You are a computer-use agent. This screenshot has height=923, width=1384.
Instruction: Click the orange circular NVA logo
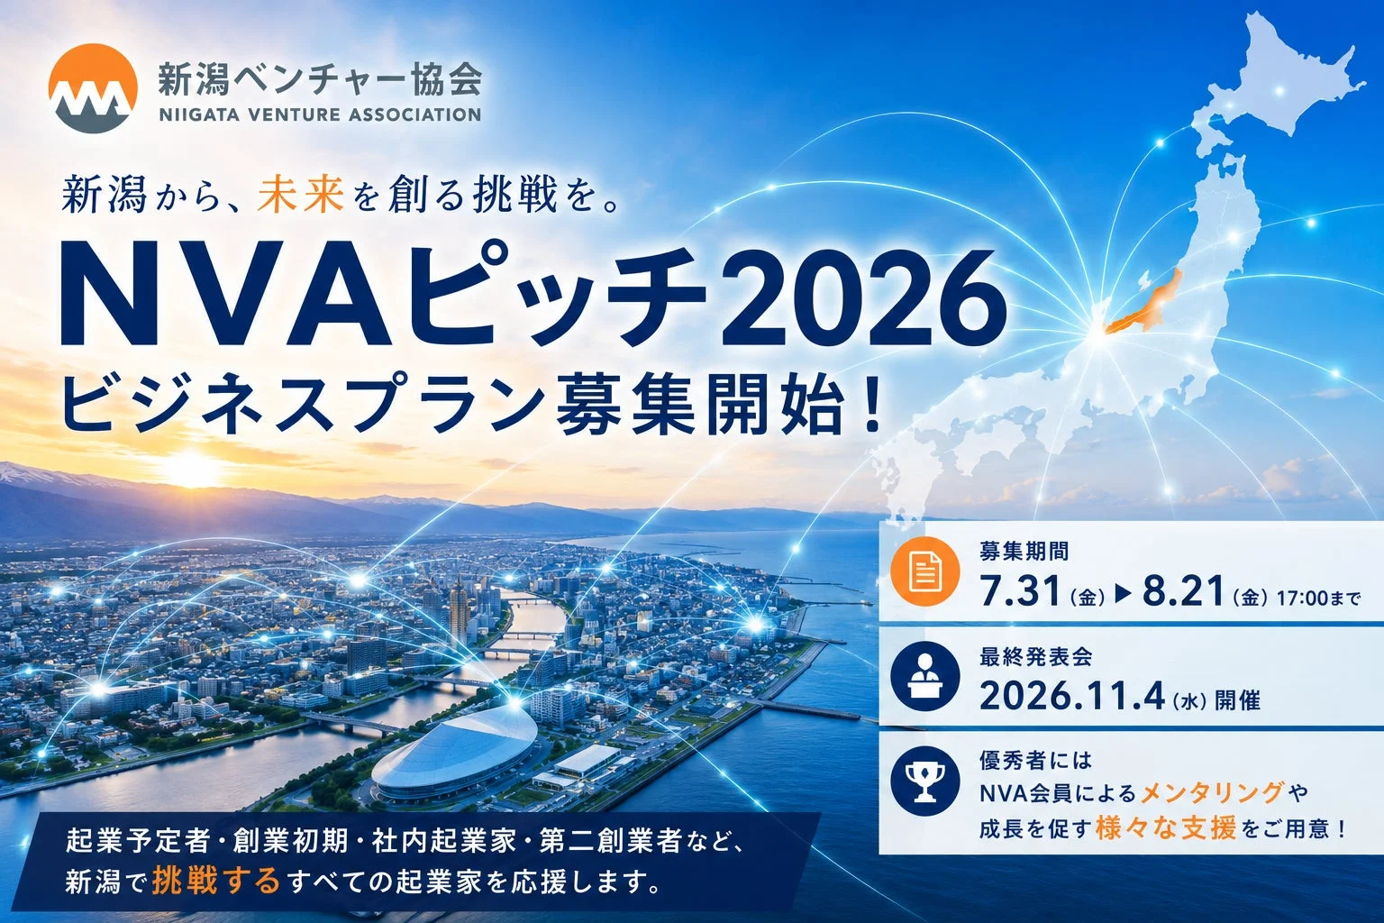click(93, 88)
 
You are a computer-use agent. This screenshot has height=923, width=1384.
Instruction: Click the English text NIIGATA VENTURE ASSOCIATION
click(320, 115)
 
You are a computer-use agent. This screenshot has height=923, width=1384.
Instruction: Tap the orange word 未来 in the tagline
click(301, 194)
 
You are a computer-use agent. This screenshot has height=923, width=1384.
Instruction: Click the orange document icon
click(925, 571)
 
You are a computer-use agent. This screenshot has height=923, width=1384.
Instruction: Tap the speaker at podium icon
click(925, 676)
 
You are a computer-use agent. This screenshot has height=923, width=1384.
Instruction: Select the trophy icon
click(925, 781)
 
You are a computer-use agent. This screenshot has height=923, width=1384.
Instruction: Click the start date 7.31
click(1019, 591)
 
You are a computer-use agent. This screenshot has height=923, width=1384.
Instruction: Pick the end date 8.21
click(1182, 591)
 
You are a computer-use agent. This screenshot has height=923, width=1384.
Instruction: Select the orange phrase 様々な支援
click(1166, 828)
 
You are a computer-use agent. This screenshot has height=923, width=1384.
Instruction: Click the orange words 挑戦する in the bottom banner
click(215, 881)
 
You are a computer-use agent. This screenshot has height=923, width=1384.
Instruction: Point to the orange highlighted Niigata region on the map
click(1144, 304)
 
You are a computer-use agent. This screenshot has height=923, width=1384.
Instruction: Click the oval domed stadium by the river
click(454, 754)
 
